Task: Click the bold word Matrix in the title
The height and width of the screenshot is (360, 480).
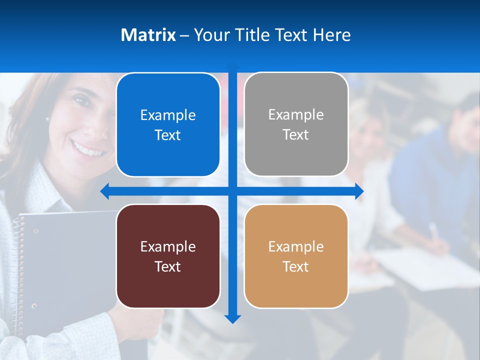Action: point(148,35)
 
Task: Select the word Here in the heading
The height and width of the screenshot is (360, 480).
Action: point(332,35)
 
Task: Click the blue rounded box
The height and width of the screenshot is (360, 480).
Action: point(168,125)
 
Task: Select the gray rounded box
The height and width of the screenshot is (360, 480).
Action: point(296,124)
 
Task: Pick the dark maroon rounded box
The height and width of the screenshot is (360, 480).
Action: point(168,256)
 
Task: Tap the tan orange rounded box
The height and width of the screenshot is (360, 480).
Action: point(296,256)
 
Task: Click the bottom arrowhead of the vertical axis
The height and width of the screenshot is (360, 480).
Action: point(232,318)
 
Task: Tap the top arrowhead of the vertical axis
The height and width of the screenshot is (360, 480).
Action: point(232,66)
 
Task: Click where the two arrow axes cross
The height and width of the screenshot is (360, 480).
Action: point(232,191)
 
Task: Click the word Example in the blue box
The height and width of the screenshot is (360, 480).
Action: point(168,115)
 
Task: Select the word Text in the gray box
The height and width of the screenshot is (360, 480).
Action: point(296,135)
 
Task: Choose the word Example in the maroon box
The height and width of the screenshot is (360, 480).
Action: point(168,246)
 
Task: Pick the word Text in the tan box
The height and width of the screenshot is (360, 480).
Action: point(296,266)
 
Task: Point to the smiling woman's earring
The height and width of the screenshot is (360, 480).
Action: point(48,119)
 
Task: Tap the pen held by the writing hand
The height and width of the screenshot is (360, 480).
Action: point(433,231)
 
